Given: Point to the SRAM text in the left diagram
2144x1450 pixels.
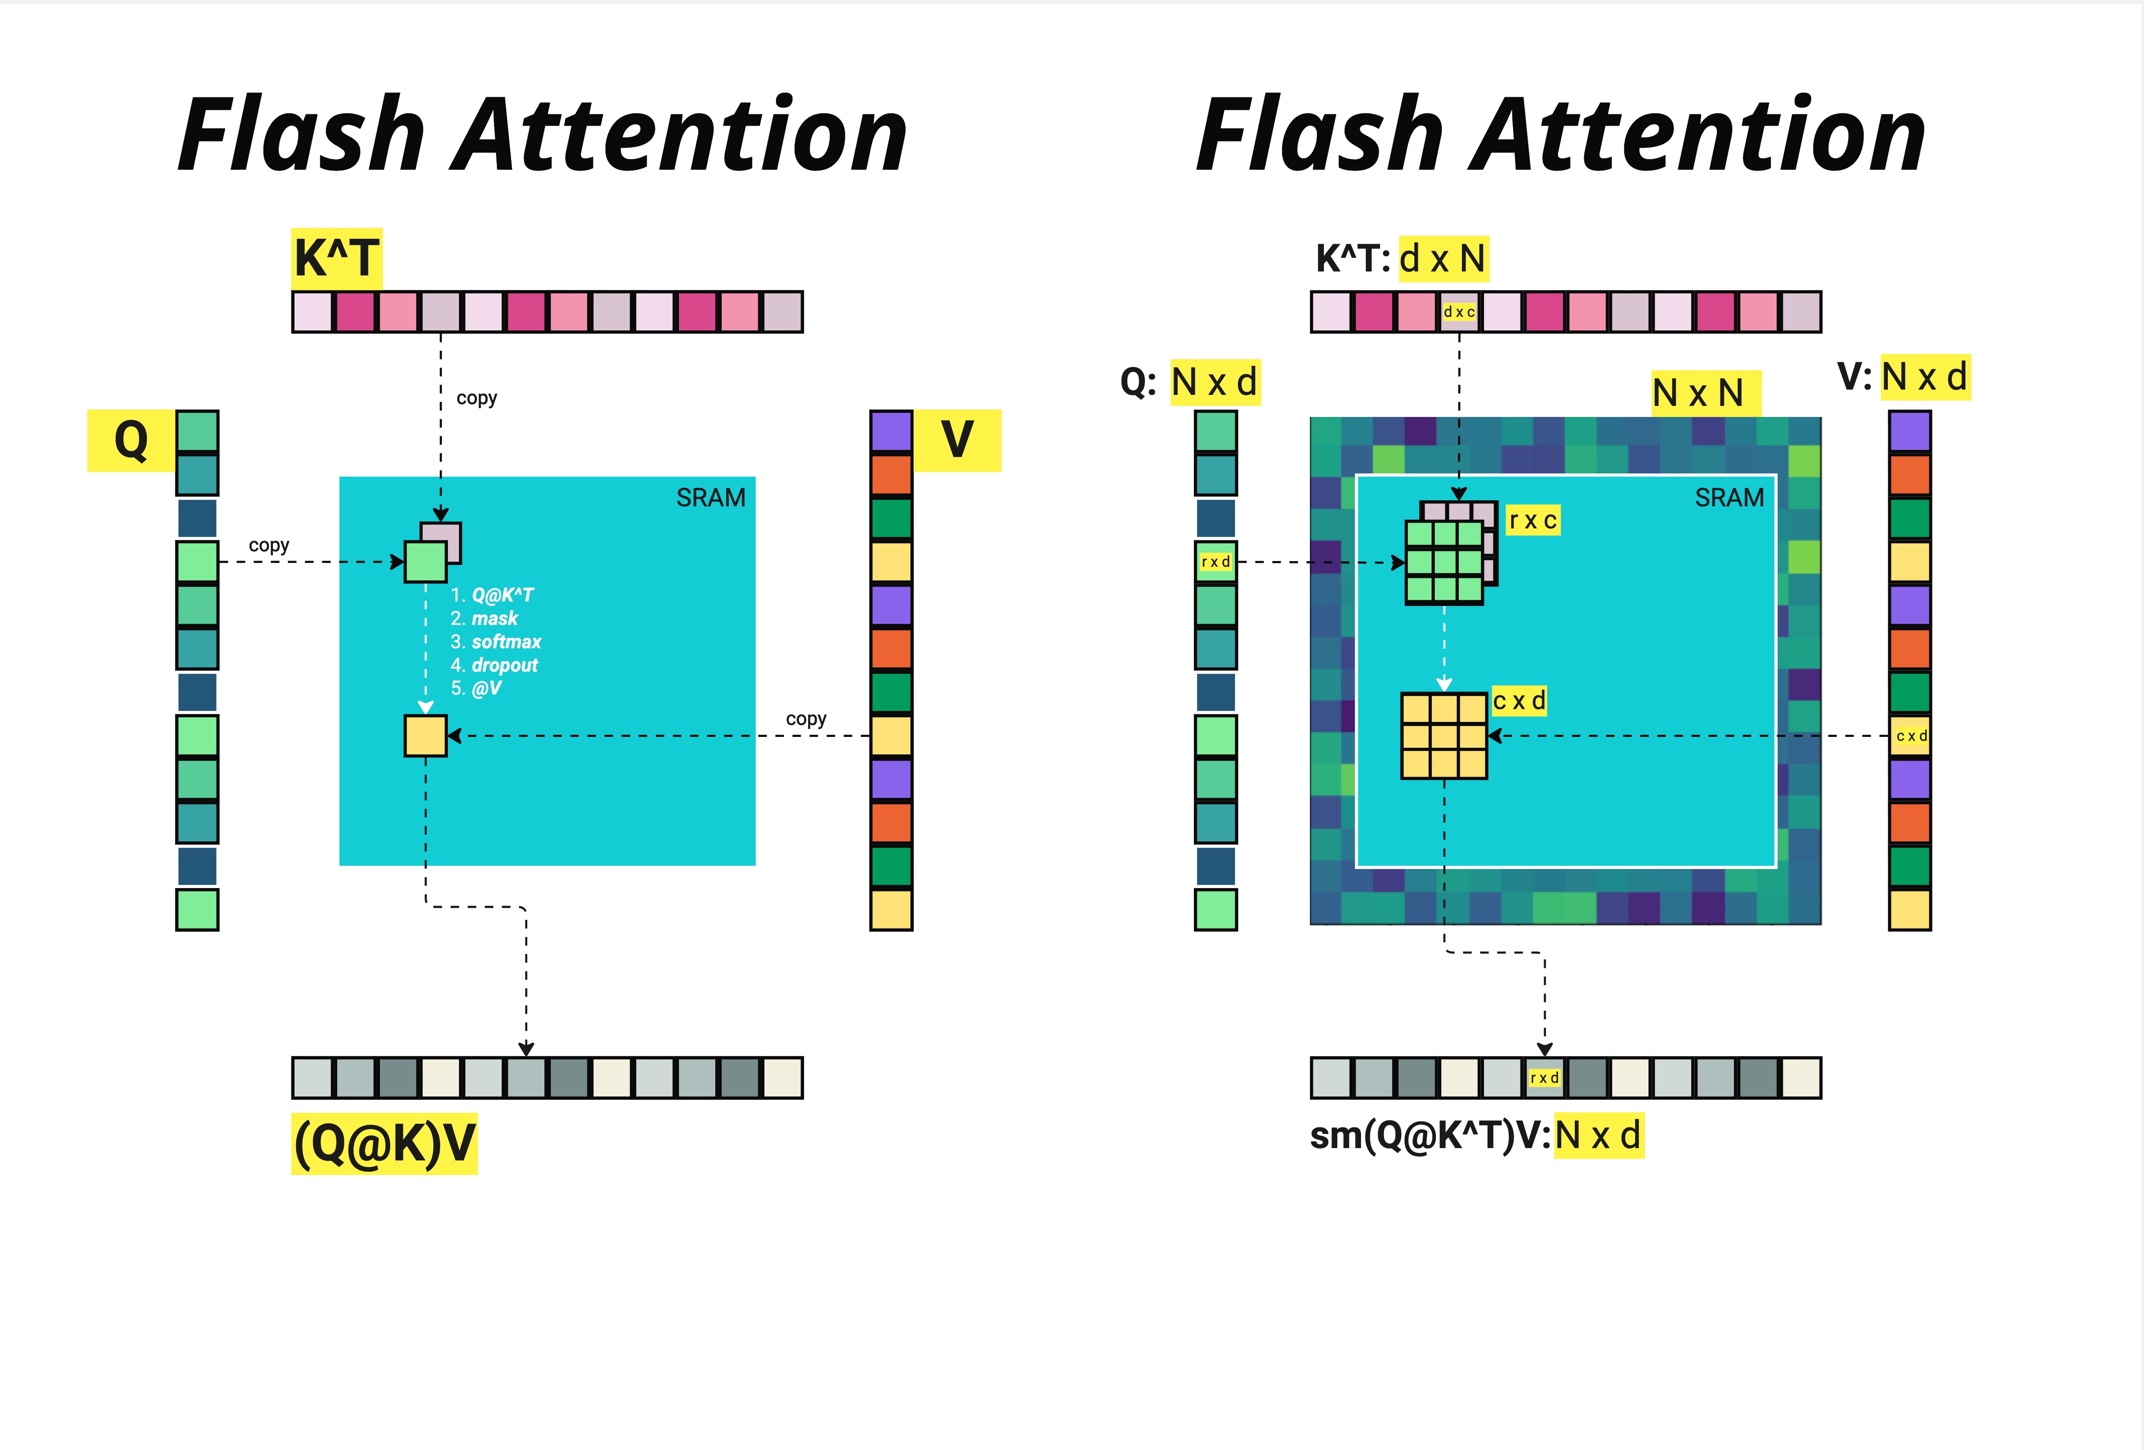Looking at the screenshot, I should pyautogui.click(x=710, y=498).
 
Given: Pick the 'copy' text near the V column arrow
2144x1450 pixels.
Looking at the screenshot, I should pyautogui.click(x=805, y=718).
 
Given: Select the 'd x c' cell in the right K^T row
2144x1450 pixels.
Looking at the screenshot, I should pyautogui.click(x=1458, y=312).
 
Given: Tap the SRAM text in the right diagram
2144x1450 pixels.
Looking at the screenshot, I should pyautogui.click(x=1729, y=498).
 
